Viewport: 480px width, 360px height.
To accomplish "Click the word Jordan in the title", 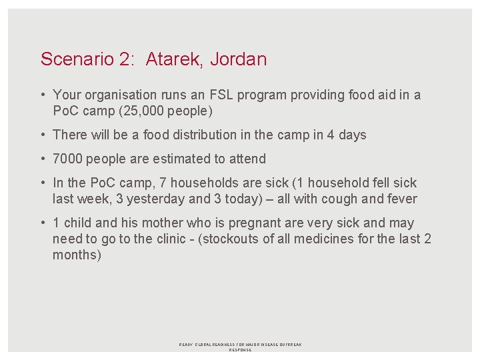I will pyautogui.click(x=238, y=59).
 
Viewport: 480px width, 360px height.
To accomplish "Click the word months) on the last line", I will pyautogui.click(x=77, y=255).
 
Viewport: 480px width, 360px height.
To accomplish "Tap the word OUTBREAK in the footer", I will pyautogui.click(x=289, y=345).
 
